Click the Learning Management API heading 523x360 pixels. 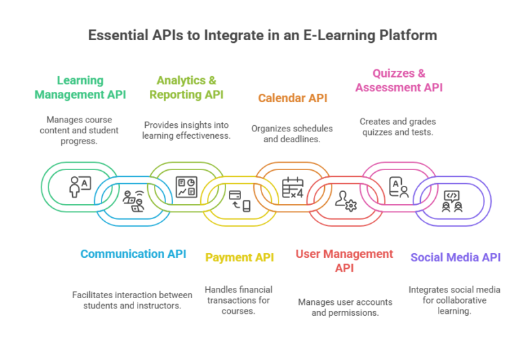pos(80,87)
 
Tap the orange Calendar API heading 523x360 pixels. pos(292,98)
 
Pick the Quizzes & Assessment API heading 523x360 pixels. pos(398,80)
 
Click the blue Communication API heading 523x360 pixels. pos(133,254)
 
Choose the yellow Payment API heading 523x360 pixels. pos(240,257)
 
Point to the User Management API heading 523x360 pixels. pos(344,261)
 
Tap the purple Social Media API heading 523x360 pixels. pos(455,257)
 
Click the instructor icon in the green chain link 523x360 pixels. pos(80,186)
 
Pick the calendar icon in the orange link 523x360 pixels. pos(293,186)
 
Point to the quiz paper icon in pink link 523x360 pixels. pos(398,186)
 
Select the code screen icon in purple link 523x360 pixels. pos(451,199)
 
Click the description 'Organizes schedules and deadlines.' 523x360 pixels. pos(292,133)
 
